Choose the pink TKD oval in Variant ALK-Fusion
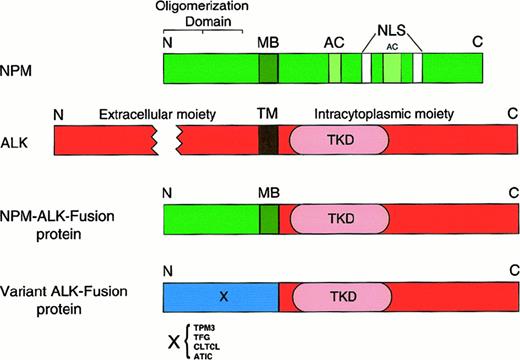pos(341,298)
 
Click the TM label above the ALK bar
pos(267,115)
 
